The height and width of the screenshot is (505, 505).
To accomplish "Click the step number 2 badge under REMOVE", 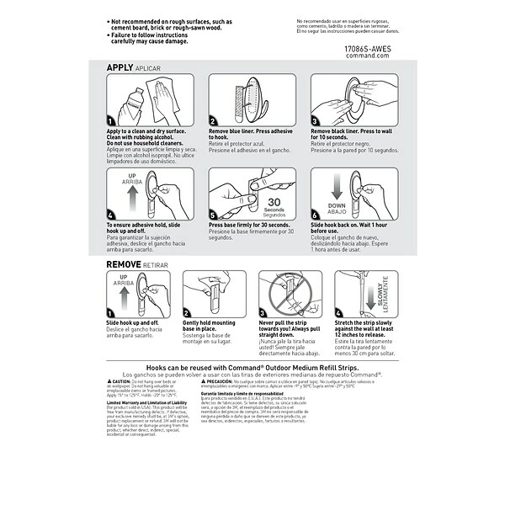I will (187, 312).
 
